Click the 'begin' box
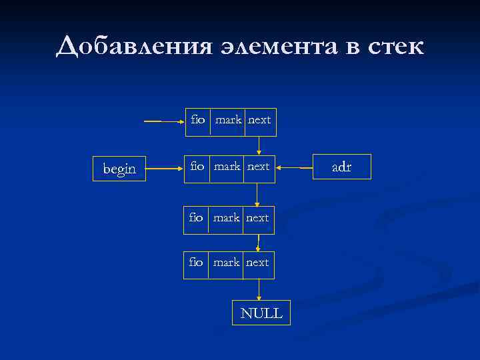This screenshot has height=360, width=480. pyautogui.click(x=119, y=169)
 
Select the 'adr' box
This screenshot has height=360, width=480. pyautogui.click(x=341, y=167)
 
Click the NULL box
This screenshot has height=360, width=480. pyautogui.click(x=261, y=313)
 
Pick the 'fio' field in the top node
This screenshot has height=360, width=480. pyautogui.click(x=198, y=120)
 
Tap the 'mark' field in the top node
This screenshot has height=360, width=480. pyautogui.click(x=229, y=120)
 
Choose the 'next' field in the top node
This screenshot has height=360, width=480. pyautogui.click(x=259, y=120)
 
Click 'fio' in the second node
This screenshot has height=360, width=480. pyautogui.click(x=197, y=166)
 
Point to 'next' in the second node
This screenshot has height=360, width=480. pyautogui.click(x=259, y=166)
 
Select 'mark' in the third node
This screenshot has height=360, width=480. pyautogui.click(x=227, y=217)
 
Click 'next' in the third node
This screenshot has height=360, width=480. pyautogui.click(x=257, y=217)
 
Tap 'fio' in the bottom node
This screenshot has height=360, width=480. pyautogui.click(x=196, y=263)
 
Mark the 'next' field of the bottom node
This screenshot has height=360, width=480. pyautogui.click(x=257, y=263)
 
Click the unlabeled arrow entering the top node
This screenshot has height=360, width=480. pyautogui.click(x=164, y=121)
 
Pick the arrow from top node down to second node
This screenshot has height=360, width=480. pyautogui.click(x=259, y=145)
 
